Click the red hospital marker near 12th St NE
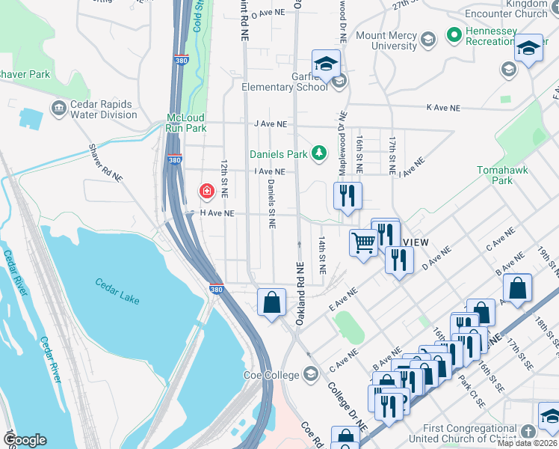[x=206, y=192]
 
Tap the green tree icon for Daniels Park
[x=319, y=153]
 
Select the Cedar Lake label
[x=117, y=287]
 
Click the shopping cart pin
[x=363, y=242]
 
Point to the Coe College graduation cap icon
[x=312, y=374]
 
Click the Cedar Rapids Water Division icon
[x=59, y=109]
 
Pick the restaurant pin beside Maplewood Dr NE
[x=348, y=195]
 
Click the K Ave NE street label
[x=442, y=108]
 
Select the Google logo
[x=24, y=440]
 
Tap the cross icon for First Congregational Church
[x=528, y=432]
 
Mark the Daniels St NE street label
[x=271, y=204]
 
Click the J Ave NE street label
[x=270, y=123]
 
